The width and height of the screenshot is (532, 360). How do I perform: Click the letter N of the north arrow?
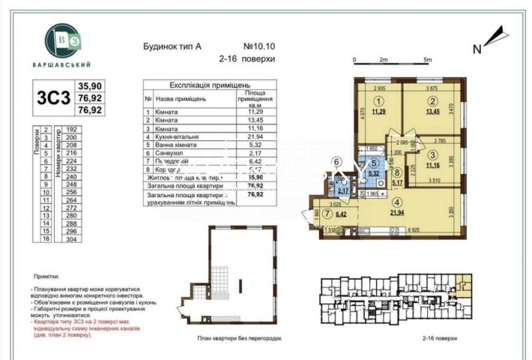pos(477,49)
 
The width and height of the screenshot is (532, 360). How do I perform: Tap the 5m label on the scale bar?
pos(428,58)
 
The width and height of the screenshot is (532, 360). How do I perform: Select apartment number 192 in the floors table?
pos(72,130)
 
